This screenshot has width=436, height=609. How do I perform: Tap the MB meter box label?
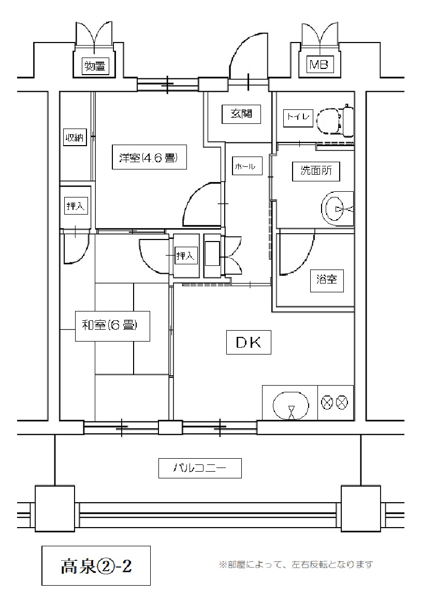(x=319, y=65)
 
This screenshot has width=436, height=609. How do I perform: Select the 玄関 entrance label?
(x=241, y=114)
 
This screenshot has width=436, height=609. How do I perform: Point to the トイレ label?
(x=298, y=117)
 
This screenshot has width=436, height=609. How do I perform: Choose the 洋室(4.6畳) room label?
(x=149, y=157)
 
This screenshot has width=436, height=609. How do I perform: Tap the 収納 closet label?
(x=75, y=137)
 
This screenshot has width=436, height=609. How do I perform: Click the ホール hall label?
(x=245, y=166)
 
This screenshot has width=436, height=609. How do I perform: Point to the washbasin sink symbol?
(x=337, y=208)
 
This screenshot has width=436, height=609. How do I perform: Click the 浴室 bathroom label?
(x=327, y=279)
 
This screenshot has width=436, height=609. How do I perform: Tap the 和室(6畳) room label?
(x=112, y=325)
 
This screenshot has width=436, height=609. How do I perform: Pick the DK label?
(x=249, y=342)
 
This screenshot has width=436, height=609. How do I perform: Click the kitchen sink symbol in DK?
(x=292, y=406)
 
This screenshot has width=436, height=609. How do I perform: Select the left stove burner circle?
(x=327, y=402)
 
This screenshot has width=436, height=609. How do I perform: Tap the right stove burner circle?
(x=342, y=402)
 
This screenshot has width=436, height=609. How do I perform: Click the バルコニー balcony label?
(x=200, y=468)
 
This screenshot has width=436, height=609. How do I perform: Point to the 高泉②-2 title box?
(x=96, y=565)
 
